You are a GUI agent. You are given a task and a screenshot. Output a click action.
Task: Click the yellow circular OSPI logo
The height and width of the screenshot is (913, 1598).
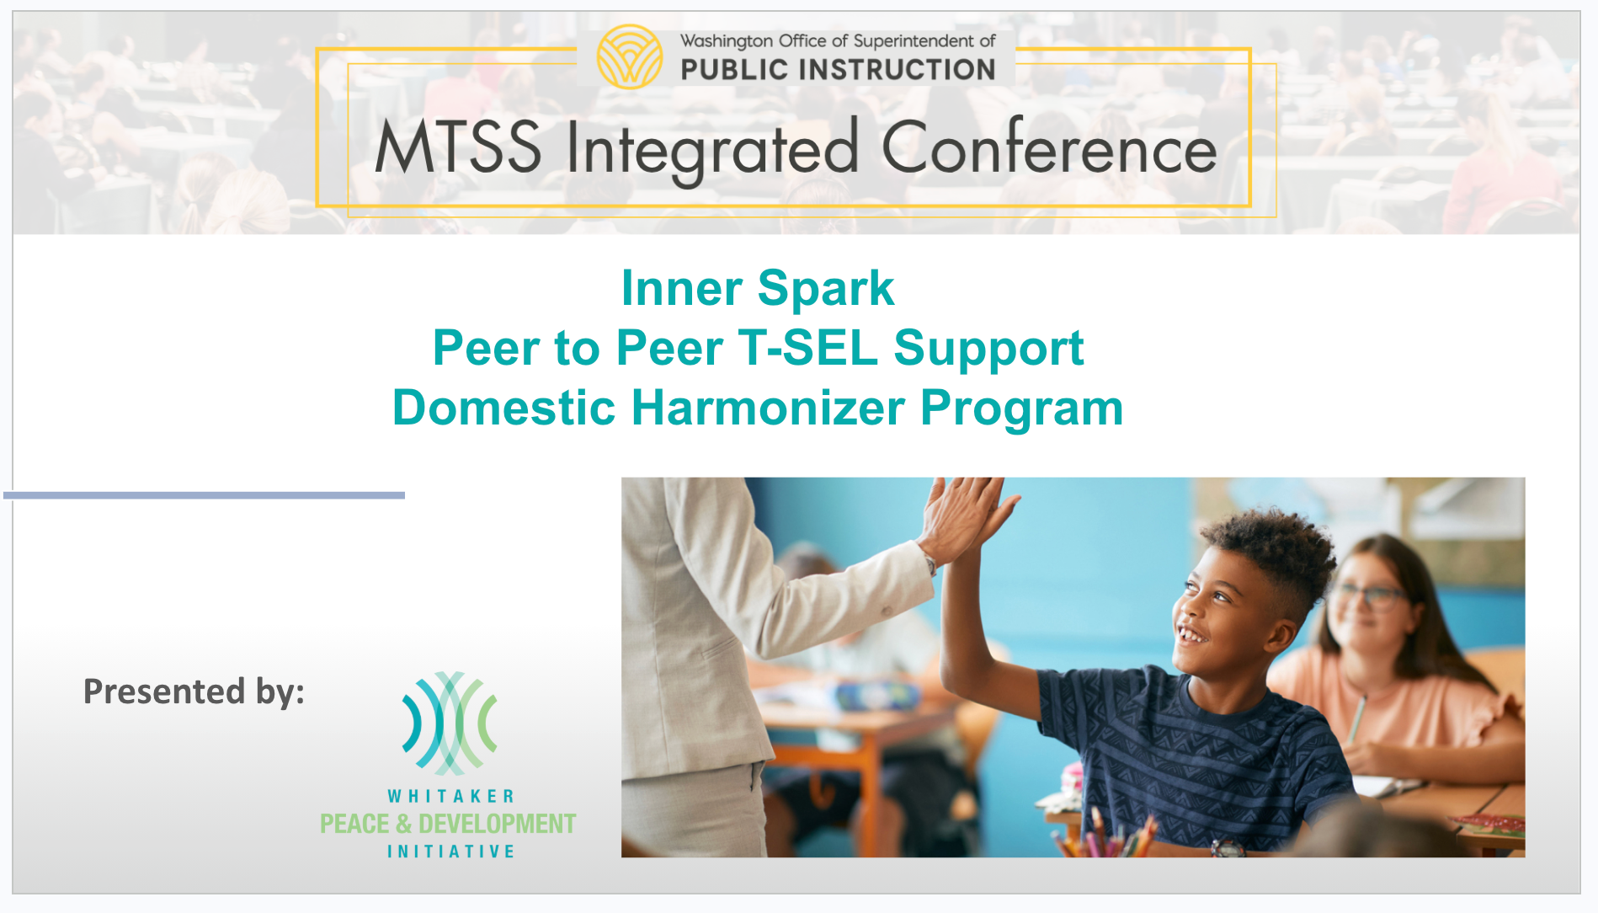pyautogui.click(x=629, y=56)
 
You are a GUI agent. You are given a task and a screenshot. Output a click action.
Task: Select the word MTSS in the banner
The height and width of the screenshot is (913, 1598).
pyautogui.click(x=458, y=147)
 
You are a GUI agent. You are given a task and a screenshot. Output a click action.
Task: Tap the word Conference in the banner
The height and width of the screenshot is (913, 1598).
pyautogui.click(x=1049, y=147)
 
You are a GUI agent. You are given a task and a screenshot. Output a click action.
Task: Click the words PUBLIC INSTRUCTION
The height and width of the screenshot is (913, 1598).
pyautogui.click(x=838, y=70)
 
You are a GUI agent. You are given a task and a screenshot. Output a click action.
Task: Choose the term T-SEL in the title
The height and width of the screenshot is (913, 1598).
pyautogui.click(x=807, y=347)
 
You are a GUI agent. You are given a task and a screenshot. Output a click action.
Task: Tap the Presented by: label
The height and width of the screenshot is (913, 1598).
pyautogui.click(x=194, y=691)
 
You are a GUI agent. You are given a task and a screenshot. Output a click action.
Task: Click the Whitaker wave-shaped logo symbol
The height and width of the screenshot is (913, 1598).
pyautogui.click(x=450, y=723)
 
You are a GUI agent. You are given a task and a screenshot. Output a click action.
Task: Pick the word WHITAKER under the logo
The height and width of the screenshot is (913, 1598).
pyautogui.click(x=450, y=796)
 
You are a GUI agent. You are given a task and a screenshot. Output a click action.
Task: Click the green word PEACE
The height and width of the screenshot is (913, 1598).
pyautogui.click(x=354, y=824)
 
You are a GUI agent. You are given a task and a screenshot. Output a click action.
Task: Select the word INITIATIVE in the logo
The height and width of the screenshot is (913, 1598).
pyautogui.click(x=450, y=852)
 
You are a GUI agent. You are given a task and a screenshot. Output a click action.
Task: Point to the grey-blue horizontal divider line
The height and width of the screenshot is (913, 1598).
pyautogui.click(x=204, y=495)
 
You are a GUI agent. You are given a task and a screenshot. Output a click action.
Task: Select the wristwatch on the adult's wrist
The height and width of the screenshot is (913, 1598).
pyautogui.click(x=930, y=563)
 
